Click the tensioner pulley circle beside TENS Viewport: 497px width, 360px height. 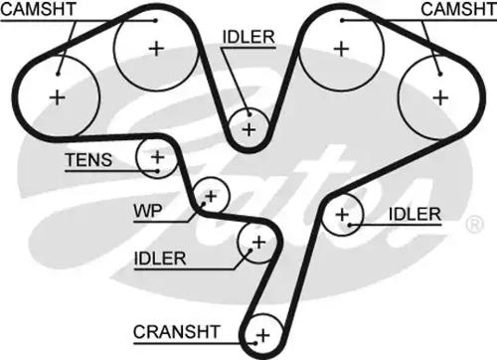pos(156,156)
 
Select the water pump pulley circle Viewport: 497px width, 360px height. pos(210,194)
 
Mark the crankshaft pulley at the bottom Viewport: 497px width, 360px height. pos(263,333)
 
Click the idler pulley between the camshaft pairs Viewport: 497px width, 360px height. pos(248,127)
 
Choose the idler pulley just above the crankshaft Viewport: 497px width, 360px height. pos(257,242)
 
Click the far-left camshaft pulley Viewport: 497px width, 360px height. pos(58,96)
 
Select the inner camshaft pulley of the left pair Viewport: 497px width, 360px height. pos(155,48)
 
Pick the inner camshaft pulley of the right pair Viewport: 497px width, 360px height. pos(341,48)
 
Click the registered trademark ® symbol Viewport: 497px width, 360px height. pos(469,226)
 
